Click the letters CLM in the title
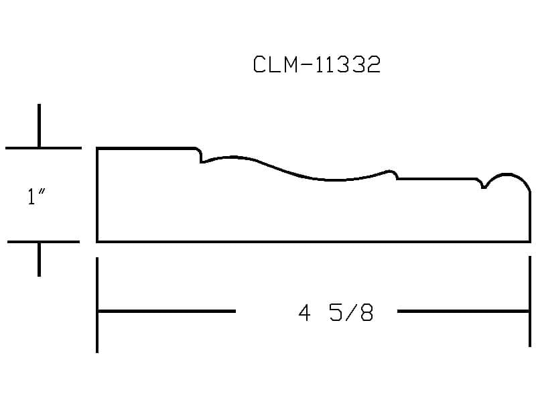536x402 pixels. pos(275,64)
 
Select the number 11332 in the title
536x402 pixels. pos(347,64)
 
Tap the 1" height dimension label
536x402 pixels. pos(36,196)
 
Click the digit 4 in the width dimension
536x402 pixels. pos(304,313)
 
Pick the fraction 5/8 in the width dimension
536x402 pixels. pos(351,313)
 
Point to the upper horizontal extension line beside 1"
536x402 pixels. pos(44,148)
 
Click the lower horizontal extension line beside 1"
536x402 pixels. pos(44,242)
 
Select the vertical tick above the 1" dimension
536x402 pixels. pos(40,126)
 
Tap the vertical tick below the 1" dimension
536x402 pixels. pos(40,259)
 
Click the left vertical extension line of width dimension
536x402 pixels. pos(97,305)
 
